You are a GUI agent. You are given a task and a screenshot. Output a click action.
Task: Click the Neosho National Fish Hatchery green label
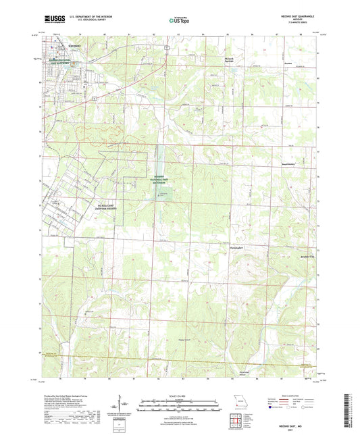coord(161,179)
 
